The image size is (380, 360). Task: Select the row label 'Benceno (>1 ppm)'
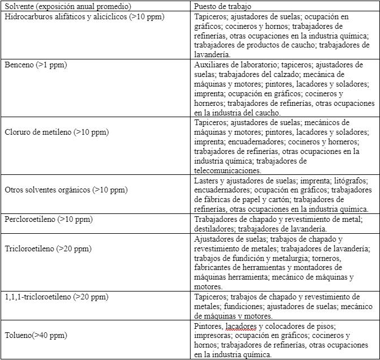36,66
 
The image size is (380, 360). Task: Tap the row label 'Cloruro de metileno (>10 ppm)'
57,132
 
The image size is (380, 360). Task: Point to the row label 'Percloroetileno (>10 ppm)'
49,219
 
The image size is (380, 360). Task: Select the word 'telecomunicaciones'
227,170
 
